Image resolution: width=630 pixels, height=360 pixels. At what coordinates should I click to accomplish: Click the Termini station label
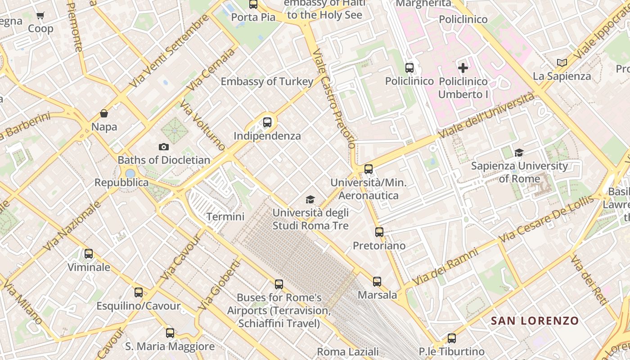(225, 216)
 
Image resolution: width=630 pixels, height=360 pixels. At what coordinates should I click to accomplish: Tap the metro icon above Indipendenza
(267, 122)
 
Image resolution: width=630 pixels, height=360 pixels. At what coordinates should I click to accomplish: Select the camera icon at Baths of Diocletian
(164, 147)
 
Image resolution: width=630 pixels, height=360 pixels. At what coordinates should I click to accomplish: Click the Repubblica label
(121, 182)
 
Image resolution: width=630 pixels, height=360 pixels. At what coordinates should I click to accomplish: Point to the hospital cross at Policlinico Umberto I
(463, 68)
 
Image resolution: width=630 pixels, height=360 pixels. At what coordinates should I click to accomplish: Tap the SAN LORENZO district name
(535, 320)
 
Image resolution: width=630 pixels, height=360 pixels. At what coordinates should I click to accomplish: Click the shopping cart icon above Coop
(40, 16)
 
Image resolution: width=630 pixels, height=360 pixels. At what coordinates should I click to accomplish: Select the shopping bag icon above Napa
(104, 113)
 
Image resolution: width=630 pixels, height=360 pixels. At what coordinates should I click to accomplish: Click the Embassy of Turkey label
(267, 81)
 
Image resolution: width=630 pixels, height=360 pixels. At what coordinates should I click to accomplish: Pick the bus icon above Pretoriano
(379, 232)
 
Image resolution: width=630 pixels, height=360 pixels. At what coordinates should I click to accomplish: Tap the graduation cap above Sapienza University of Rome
(519, 153)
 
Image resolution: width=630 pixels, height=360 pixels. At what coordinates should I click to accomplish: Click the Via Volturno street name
(202, 126)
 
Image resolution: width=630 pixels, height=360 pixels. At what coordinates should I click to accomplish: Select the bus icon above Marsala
(377, 282)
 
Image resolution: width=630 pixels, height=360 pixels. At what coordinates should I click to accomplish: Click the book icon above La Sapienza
(562, 63)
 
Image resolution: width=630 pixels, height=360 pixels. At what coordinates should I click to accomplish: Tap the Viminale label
(89, 267)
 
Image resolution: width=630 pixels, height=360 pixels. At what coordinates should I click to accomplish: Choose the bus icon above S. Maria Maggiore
(170, 333)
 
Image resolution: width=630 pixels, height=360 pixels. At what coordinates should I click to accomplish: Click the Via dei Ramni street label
(445, 266)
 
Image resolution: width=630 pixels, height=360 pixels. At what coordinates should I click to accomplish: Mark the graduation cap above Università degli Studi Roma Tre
(310, 199)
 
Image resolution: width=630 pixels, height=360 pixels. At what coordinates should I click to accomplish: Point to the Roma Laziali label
(347, 351)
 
